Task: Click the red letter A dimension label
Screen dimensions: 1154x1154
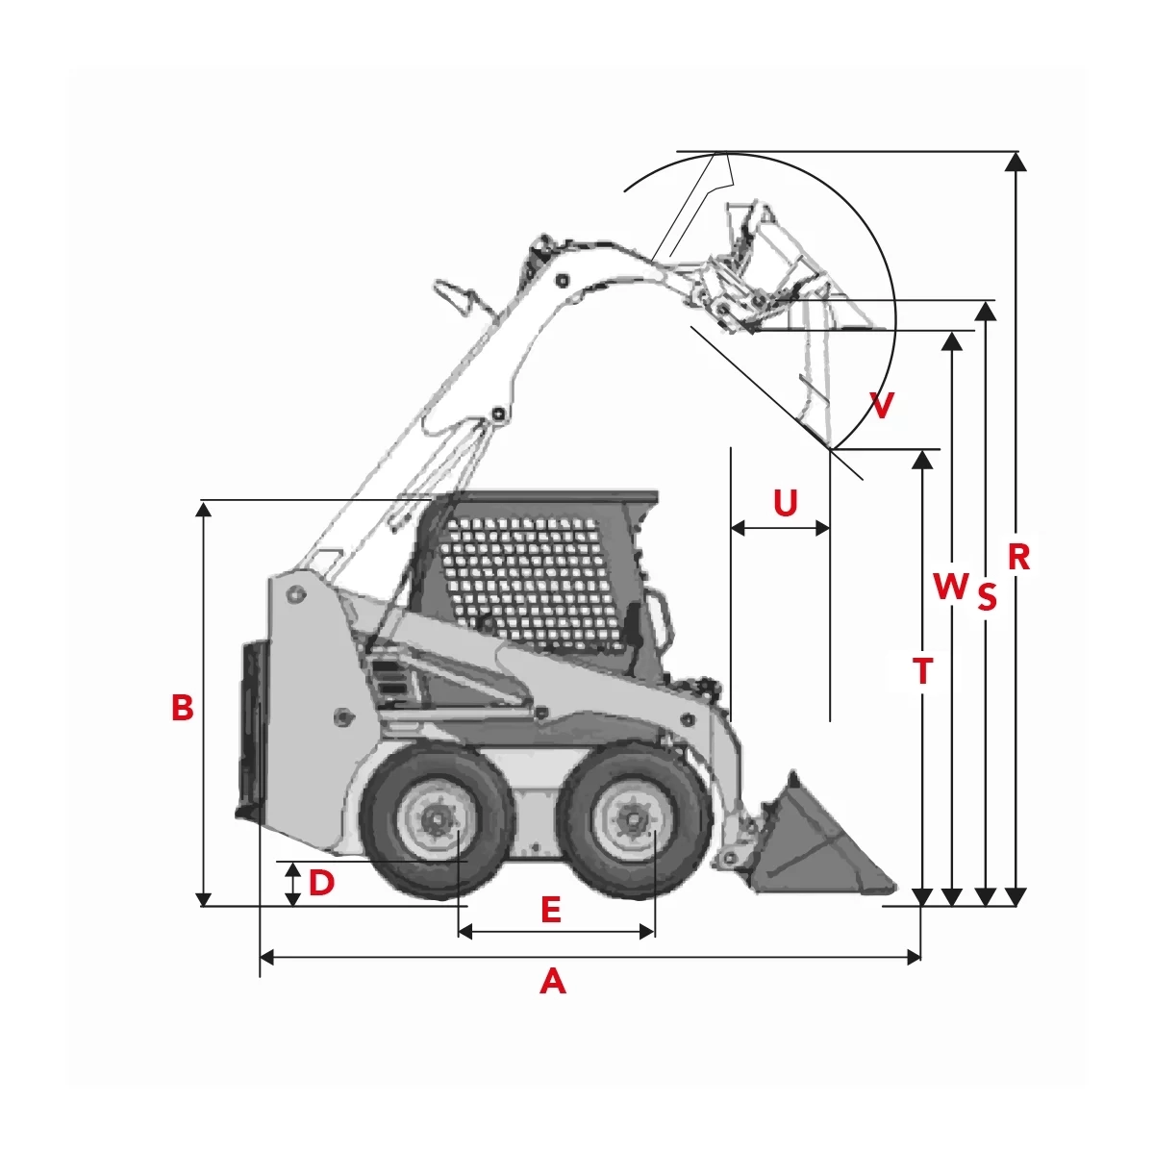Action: [x=552, y=982]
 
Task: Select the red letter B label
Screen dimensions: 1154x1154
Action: [x=183, y=707]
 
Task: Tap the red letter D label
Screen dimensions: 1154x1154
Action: [x=321, y=883]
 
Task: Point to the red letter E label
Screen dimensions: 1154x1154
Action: [x=551, y=910]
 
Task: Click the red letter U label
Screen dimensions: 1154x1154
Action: [x=785, y=502]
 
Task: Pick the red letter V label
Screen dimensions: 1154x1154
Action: [x=882, y=406]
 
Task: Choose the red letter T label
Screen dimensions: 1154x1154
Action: [x=923, y=671]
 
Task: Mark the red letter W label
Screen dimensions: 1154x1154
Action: [x=951, y=586]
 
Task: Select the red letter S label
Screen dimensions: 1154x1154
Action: [x=987, y=597]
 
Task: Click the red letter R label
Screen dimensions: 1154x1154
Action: [x=1018, y=557]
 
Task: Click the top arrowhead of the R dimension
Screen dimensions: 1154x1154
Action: [x=1015, y=162]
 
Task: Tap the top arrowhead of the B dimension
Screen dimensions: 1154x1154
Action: [x=204, y=509]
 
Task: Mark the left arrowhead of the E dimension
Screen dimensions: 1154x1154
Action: [x=465, y=932]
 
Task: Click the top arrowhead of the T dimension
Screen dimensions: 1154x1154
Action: [x=923, y=460]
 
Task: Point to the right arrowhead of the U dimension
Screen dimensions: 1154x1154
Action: [x=823, y=528]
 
